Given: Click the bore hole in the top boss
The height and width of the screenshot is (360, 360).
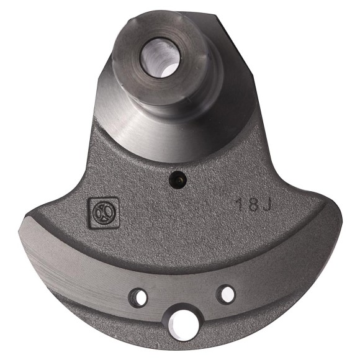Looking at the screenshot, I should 160,57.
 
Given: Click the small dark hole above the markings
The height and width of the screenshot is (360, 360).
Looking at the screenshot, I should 178,180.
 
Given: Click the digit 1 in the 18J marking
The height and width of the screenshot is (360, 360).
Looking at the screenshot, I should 239,205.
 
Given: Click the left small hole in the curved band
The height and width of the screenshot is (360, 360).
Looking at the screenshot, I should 140,297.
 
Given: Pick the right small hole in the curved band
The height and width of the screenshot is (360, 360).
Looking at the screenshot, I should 227,293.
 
